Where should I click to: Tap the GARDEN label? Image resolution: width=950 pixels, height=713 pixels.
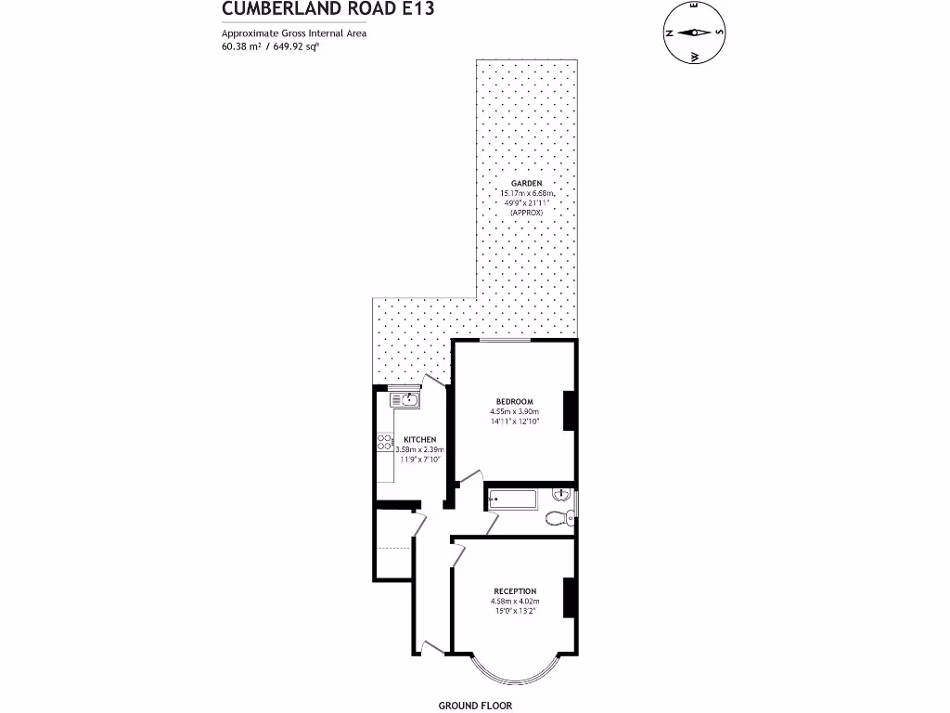[526, 184]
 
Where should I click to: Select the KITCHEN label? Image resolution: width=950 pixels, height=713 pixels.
[419, 439]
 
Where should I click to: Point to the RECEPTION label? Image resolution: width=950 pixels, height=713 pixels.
[515, 591]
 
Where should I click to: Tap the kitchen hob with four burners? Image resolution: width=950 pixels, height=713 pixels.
[383, 444]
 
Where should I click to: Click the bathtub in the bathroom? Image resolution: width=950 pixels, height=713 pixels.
[511, 499]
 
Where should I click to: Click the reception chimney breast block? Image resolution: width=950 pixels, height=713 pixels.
[570, 598]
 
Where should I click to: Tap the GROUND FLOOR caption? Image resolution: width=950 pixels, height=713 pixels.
[474, 706]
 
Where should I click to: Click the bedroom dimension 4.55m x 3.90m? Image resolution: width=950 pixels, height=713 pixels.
[514, 411]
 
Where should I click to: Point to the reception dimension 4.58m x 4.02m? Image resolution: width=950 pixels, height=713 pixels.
[515, 602]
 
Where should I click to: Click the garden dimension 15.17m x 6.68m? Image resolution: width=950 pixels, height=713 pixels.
[526, 193]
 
